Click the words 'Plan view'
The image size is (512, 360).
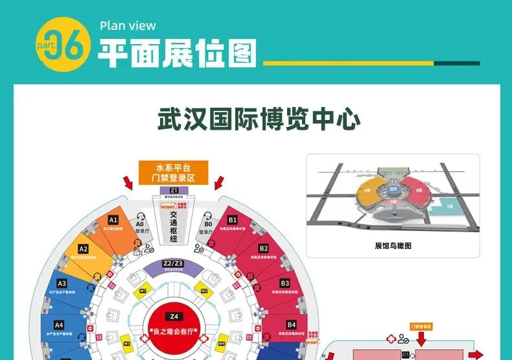click(x=128, y=26)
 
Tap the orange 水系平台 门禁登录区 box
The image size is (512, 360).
click(x=173, y=172)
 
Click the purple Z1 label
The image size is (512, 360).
click(x=174, y=190)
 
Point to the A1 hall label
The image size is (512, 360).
click(x=113, y=220)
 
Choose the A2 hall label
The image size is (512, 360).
click(x=83, y=249)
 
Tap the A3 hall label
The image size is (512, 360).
click(x=62, y=283)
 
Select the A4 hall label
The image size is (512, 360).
click(x=59, y=324)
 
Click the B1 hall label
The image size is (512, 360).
click(x=233, y=220)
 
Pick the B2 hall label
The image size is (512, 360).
click(x=264, y=248)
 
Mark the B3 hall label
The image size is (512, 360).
click(x=285, y=283)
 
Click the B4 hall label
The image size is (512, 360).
click(x=291, y=324)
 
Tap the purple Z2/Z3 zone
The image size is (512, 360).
click(x=173, y=263)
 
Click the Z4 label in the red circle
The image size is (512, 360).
click(x=173, y=317)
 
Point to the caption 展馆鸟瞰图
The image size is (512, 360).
click(x=393, y=246)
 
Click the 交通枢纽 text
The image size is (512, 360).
click(x=173, y=224)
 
